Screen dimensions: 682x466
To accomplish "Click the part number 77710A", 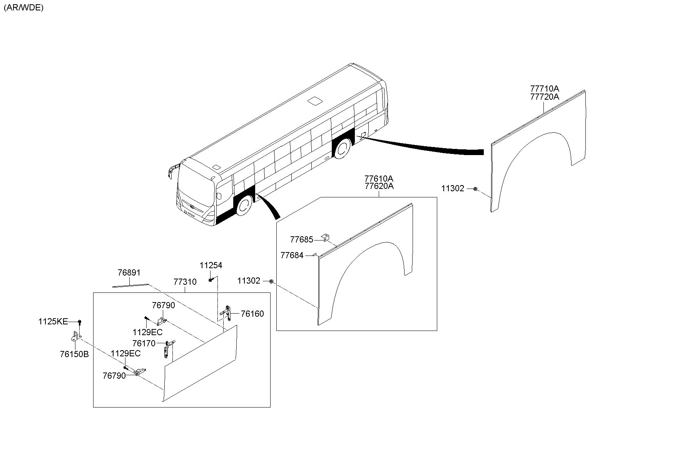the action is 545,89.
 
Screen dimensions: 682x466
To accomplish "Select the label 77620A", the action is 379,187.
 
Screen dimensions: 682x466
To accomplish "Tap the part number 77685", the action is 302,240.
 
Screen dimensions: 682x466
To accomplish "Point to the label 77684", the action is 292,255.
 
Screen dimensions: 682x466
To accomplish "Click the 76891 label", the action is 129,273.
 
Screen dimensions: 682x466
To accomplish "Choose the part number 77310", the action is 185,282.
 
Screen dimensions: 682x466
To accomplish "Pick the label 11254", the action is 211,266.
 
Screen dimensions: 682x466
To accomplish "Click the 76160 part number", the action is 252,314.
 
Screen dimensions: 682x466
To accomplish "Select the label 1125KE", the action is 53,322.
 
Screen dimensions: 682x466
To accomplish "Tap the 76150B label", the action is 74,354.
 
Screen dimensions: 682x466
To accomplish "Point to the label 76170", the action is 144,343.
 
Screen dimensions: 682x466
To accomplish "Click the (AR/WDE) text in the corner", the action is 23,8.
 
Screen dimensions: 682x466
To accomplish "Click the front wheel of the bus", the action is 243,207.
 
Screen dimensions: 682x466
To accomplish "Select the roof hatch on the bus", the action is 316,101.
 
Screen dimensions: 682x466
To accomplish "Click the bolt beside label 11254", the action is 211,280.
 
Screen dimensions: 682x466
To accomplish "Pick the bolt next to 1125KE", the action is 79,322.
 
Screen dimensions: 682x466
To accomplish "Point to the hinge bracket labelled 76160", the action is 228,313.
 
